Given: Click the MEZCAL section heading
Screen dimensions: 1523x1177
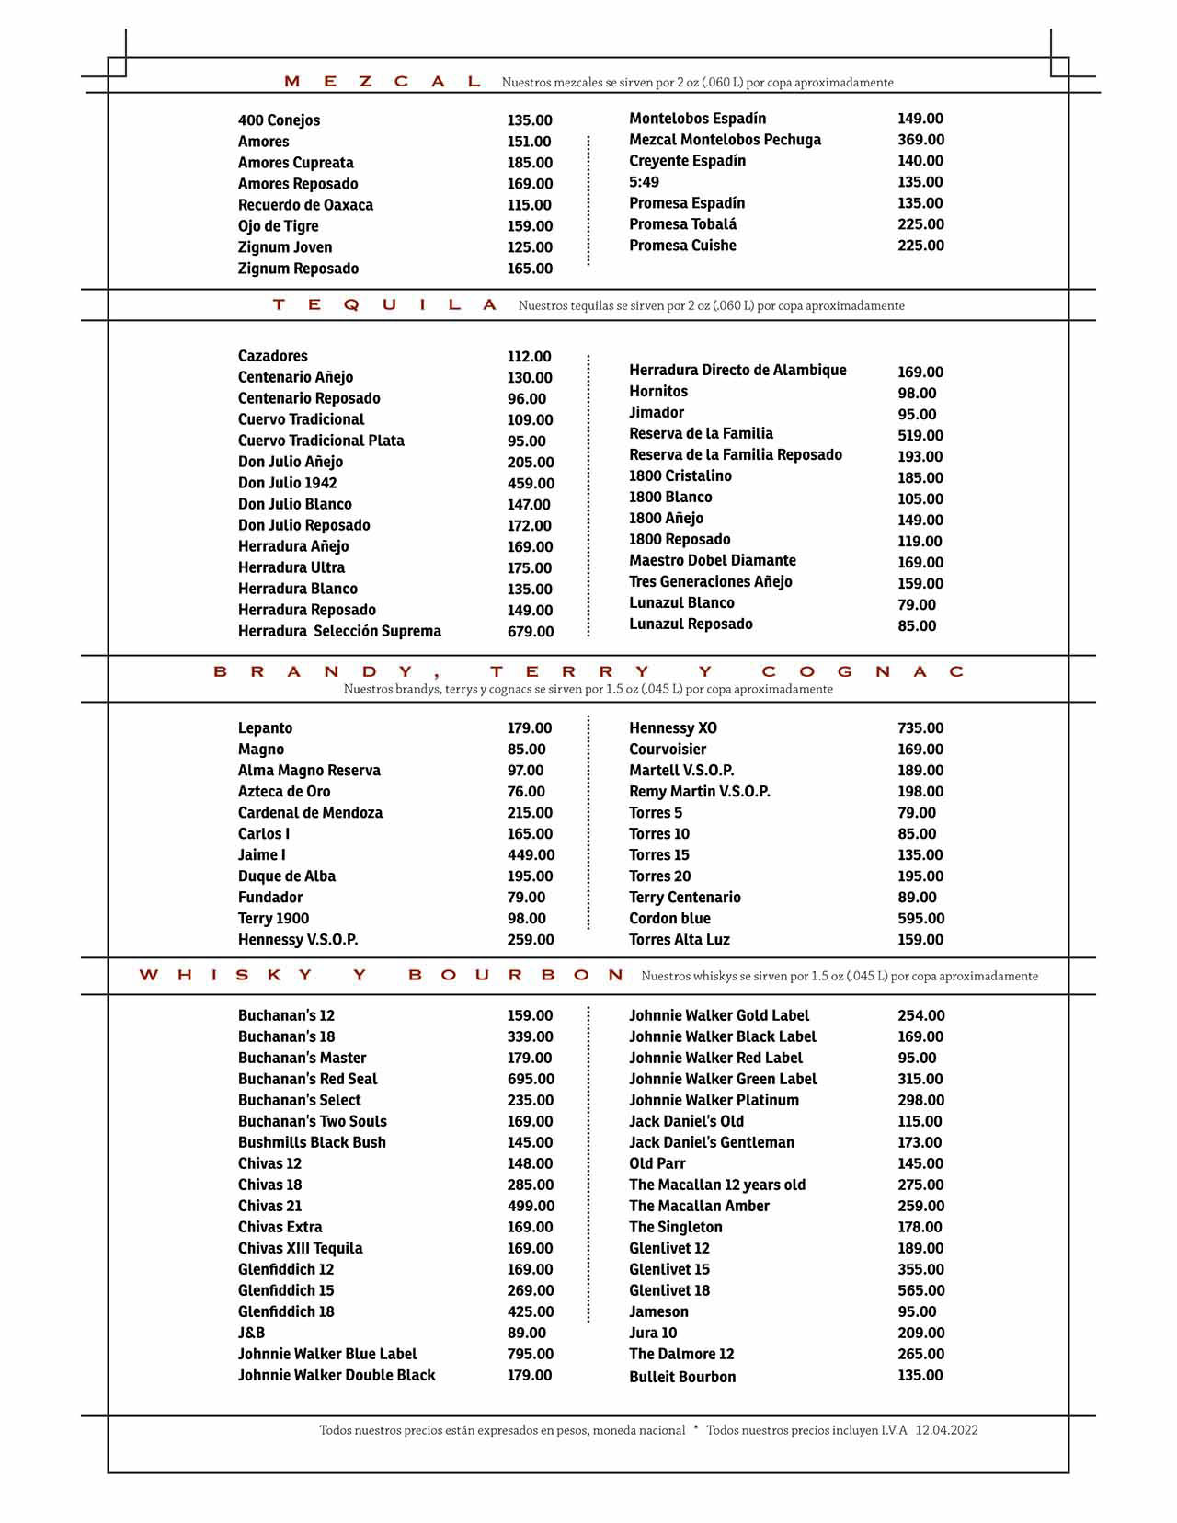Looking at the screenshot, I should coord(383,82).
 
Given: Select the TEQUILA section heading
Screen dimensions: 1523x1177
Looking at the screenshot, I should coord(384,305).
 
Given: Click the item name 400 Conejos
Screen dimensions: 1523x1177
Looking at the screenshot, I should coord(279,120).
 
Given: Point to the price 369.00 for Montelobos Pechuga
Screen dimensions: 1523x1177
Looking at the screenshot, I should coord(920,140).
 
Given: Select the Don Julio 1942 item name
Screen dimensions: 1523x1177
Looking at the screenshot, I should coord(287,483).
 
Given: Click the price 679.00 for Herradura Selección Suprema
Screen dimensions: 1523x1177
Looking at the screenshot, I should coord(531,632).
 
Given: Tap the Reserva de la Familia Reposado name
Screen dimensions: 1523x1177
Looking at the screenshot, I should coord(735,455).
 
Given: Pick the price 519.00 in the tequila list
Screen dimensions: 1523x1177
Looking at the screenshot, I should coord(920,436).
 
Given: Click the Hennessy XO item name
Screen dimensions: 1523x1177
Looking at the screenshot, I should coord(672,728).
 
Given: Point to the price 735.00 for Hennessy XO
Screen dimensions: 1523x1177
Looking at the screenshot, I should coord(920,728).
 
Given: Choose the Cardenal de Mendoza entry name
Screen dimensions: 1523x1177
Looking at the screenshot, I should coord(310,813).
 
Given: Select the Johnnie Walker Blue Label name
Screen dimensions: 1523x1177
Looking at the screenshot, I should coord(327,1355).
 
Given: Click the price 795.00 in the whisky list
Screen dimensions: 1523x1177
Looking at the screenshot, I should coord(531,1355).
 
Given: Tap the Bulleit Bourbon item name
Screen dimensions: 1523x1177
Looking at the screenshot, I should coord(682,1377).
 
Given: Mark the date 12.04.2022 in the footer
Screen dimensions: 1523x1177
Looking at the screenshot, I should coord(946,1430).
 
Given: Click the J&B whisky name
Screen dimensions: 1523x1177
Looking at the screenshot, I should coord(251,1334).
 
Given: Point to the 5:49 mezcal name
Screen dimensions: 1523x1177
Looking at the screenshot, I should coord(644,182).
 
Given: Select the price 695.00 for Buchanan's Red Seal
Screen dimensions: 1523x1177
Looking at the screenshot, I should coord(531,1080).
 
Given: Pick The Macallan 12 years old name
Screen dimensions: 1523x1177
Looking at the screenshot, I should coord(716,1185).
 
